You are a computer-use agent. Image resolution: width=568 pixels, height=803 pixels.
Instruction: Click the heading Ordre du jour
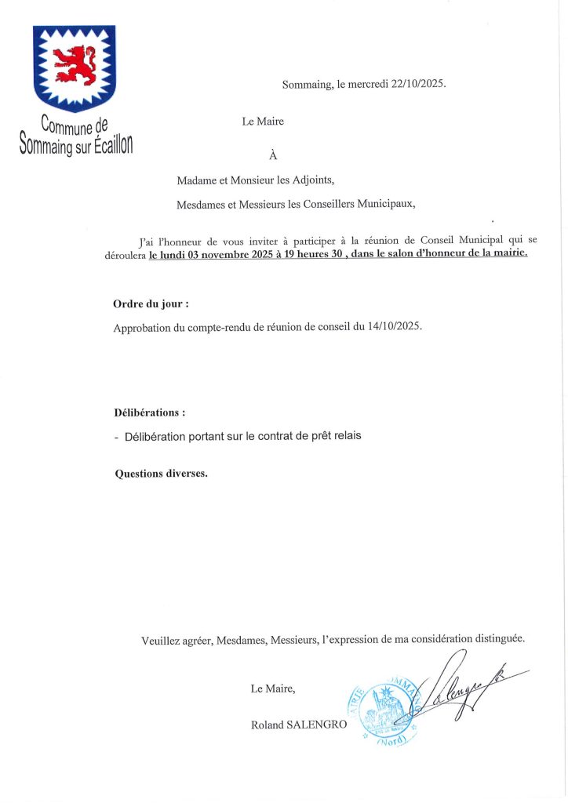tap(151, 303)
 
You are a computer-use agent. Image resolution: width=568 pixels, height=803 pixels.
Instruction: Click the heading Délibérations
tap(150, 412)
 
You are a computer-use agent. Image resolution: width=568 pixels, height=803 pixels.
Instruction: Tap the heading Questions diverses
tap(161, 474)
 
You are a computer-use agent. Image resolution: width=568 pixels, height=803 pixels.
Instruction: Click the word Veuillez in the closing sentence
tap(161, 641)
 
